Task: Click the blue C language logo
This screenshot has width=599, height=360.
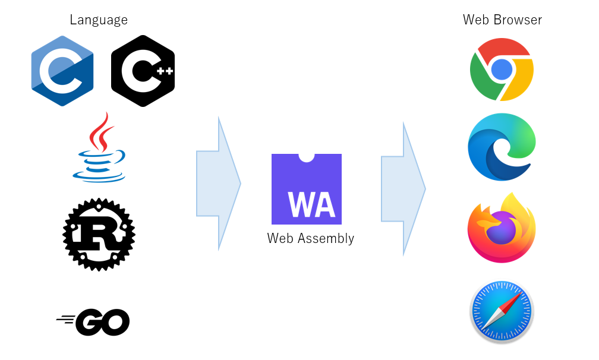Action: click(62, 71)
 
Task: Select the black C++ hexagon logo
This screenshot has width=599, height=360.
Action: click(143, 71)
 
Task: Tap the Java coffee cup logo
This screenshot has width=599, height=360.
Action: click(99, 147)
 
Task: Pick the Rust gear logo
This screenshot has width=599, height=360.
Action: click(99, 235)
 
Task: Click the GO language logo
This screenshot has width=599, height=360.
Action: click(93, 322)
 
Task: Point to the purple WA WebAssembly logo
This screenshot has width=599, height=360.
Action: click(307, 189)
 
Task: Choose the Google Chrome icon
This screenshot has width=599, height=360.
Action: click(502, 70)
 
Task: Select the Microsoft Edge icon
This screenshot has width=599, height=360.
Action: click(502, 147)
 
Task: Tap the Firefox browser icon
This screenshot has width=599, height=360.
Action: click(502, 228)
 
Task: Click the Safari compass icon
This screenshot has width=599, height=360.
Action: click(502, 311)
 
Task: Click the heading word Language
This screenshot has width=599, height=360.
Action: click(99, 20)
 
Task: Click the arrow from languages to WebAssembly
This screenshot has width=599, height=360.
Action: click(219, 184)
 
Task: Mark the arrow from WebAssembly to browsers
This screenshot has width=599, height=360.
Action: click(403, 188)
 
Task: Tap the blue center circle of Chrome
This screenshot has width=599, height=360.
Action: click(502, 70)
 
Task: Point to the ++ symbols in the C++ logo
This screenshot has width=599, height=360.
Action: click(165, 71)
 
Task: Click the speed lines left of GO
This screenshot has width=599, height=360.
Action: click(66, 320)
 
